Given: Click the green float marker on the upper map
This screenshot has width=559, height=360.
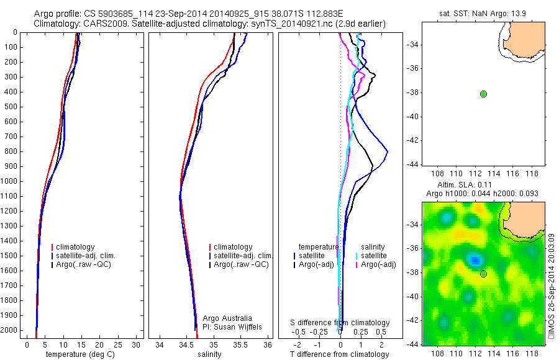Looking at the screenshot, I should click(483, 94).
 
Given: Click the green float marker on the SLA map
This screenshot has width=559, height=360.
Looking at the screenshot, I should click(483, 274).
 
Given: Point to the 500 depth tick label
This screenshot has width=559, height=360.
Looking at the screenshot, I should click(10, 107).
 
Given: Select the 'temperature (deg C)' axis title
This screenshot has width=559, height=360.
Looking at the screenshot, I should click(78, 354).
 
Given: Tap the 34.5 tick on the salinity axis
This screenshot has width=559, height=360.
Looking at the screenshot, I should click(186, 344).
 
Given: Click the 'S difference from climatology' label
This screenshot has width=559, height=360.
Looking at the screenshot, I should click(340, 323).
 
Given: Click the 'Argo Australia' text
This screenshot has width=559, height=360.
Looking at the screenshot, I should click(228, 318).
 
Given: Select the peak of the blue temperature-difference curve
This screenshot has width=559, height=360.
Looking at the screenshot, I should click(388, 151).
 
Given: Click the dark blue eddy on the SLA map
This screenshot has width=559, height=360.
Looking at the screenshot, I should click(475, 259).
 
